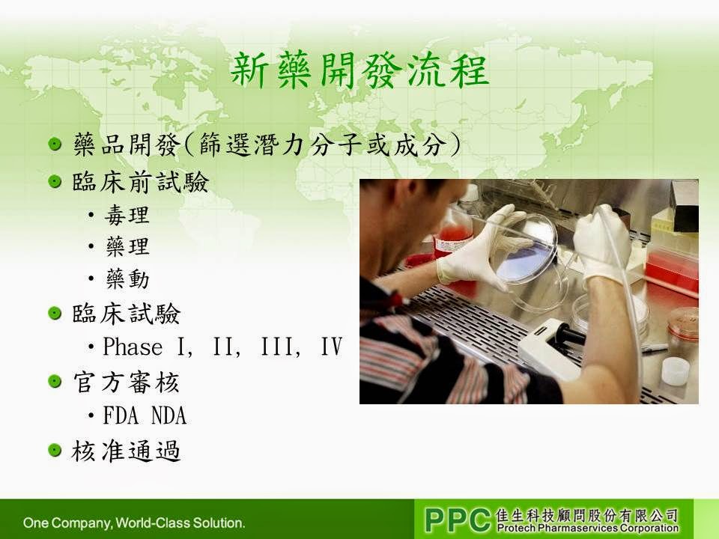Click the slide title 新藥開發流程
pyautogui.click(x=359, y=70)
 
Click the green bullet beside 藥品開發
pyautogui.click(x=55, y=144)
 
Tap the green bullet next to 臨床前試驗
pyautogui.click(x=55, y=181)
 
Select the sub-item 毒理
pyautogui.click(x=127, y=215)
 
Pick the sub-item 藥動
pyautogui.click(x=127, y=278)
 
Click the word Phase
pyautogui.click(x=133, y=347)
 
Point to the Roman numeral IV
pyautogui.click(x=332, y=347)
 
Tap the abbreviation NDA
pyautogui.click(x=169, y=415)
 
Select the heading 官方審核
pyautogui.click(x=126, y=383)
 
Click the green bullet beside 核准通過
pyautogui.click(x=55, y=450)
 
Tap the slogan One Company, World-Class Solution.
pyautogui.click(x=134, y=523)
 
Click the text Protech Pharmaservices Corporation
pyautogui.click(x=587, y=528)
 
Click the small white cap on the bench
pyautogui.click(x=676, y=371)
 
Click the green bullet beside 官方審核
pyautogui.click(x=55, y=381)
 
